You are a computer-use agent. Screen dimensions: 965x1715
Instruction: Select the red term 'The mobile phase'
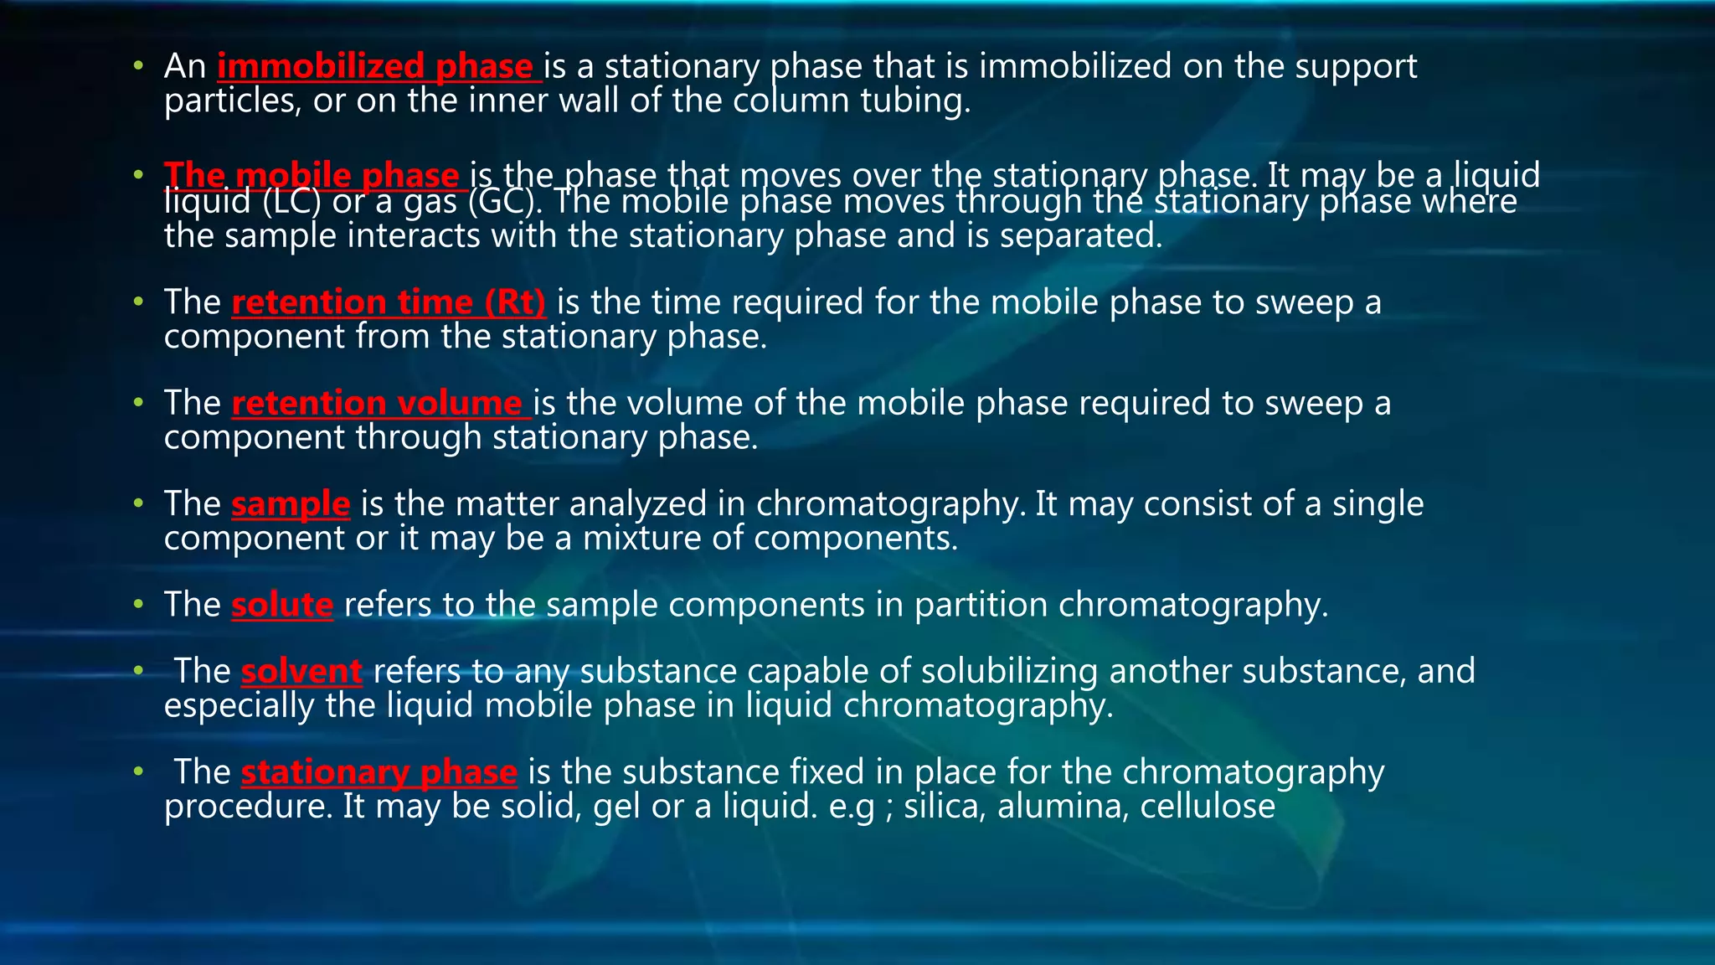pyautogui.click(x=312, y=174)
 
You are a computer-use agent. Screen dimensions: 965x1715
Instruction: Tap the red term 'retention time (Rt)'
pyautogui.click(x=389, y=302)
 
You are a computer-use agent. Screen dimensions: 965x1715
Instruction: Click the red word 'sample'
pyautogui.click(x=291, y=504)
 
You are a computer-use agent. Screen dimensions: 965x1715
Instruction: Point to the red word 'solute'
pyautogui.click(x=282, y=605)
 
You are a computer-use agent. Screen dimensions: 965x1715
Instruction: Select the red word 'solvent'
pyautogui.click(x=301, y=672)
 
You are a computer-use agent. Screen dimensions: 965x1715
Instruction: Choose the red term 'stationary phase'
pyautogui.click(x=379, y=772)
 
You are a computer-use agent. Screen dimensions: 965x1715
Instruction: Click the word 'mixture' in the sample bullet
pyautogui.click(x=641, y=539)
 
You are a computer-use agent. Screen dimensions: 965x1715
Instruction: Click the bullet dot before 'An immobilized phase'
pyautogui.click(x=138, y=65)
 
